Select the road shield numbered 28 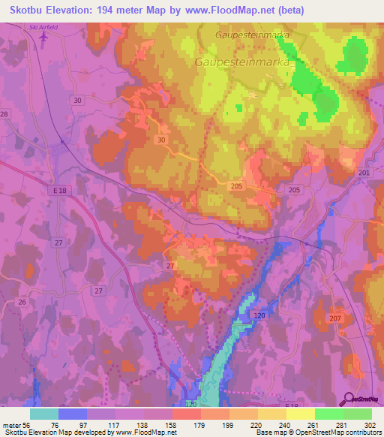[4, 113]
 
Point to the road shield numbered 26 [22, 303]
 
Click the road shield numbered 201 [364, 173]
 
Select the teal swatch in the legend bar [44, 414]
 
